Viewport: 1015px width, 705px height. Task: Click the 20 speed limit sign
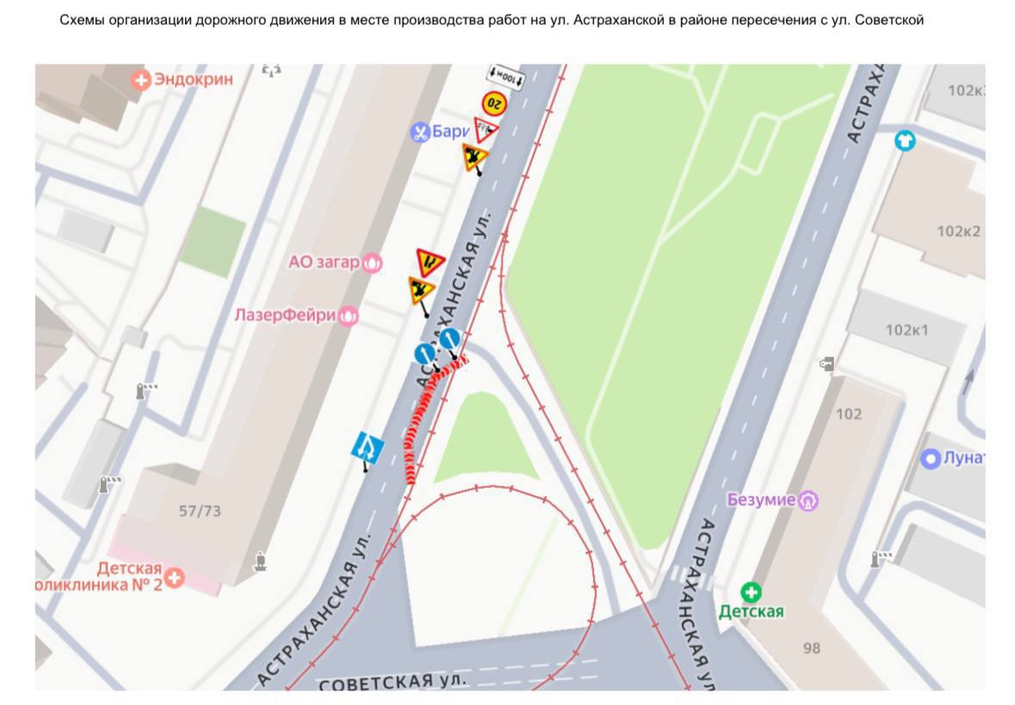point(494,103)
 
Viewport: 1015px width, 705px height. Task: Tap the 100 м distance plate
point(506,77)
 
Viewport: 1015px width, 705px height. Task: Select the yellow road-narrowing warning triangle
point(430,261)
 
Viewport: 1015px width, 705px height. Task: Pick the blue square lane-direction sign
point(368,447)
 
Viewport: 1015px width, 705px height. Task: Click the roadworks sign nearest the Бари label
point(473,158)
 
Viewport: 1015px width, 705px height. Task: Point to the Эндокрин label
point(194,80)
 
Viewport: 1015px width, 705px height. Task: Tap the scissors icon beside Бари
point(420,133)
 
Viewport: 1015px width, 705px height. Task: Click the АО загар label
point(324,263)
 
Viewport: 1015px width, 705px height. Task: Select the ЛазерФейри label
point(285,316)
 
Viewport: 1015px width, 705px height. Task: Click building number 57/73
point(200,511)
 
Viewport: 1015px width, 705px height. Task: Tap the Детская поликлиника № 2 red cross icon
point(175,577)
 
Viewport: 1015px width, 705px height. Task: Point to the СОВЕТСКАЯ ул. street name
point(393,682)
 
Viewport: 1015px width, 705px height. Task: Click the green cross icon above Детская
point(752,591)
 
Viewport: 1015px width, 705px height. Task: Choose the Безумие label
point(761,499)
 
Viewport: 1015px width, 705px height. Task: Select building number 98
point(812,648)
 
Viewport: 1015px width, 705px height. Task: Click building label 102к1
point(907,330)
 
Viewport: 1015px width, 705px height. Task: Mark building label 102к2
point(958,231)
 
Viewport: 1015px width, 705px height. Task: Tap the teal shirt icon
point(904,139)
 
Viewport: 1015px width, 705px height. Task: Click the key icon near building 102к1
point(826,364)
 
